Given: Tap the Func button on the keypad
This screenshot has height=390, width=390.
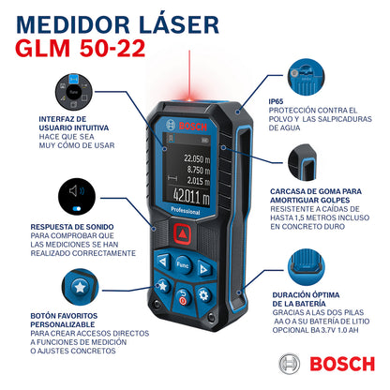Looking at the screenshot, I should tap(184, 264).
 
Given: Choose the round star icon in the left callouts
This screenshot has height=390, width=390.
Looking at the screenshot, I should tap(80, 285).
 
